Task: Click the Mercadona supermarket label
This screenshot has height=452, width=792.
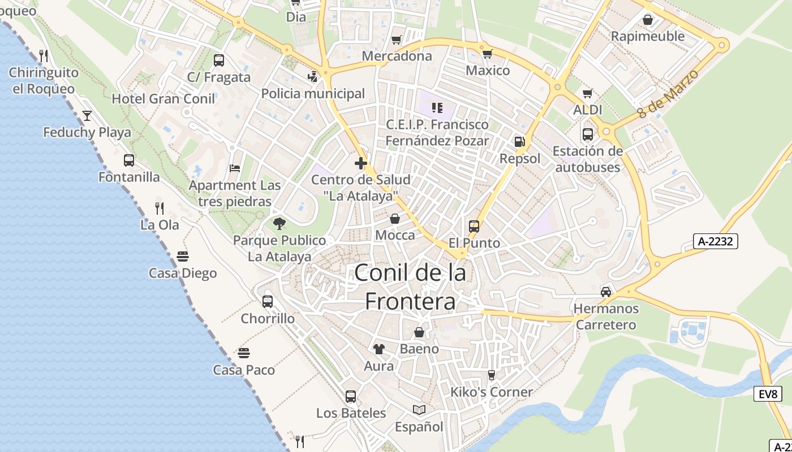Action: tap(397, 56)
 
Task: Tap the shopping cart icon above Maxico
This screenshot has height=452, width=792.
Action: tap(487, 54)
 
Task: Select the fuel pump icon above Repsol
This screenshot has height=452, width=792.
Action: tap(519, 142)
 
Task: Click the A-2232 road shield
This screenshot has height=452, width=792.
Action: tap(715, 241)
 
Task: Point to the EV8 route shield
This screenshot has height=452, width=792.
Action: tap(768, 394)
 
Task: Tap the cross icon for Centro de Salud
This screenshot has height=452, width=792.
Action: tap(361, 163)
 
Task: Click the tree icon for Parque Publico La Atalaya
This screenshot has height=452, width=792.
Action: tap(279, 223)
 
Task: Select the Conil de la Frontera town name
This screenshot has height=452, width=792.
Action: tap(410, 287)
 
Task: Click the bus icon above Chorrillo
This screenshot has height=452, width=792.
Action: tap(268, 301)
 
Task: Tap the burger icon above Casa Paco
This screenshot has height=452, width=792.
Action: tap(244, 353)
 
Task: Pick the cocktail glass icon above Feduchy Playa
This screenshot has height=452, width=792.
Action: tap(87, 116)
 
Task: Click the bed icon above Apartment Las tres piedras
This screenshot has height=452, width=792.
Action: tap(235, 168)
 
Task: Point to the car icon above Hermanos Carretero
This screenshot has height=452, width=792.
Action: tap(606, 292)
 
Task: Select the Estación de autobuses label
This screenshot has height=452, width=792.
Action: tap(588, 159)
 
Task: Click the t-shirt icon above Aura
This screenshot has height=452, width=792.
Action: tap(378, 349)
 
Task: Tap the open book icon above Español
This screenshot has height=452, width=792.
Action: tap(419, 410)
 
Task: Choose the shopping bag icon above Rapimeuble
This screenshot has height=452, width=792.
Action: tap(648, 20)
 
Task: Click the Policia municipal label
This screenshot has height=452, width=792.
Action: tap(313, 93)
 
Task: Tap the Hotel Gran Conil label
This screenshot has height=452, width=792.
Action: tap(163, 99)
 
